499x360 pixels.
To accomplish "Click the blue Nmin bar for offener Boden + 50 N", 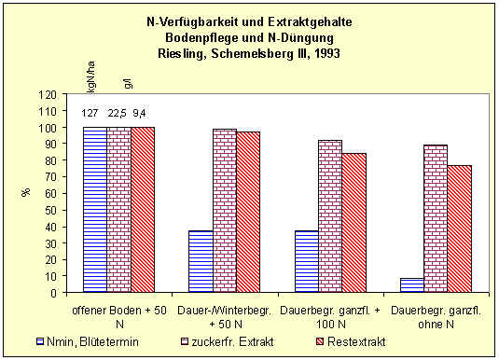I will coord(94,210).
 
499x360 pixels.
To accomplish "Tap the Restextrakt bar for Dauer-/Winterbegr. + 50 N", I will coord(248,212).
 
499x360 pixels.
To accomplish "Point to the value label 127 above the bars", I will coord(90,114).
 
